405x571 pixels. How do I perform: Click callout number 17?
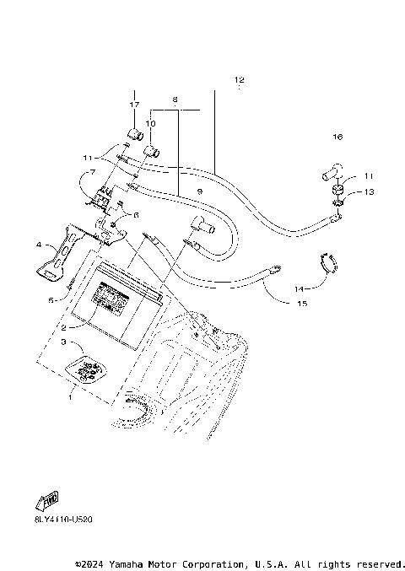coord(133,104)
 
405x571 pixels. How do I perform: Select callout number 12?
coord(239,80)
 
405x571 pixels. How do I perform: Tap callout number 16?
coord(337,136)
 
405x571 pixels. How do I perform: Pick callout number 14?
coord(299,288)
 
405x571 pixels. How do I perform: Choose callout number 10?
coord(151,124)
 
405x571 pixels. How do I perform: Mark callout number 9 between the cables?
coord(200,191)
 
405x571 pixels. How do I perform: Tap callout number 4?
coord(39,245)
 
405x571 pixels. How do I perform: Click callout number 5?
coord(50,299)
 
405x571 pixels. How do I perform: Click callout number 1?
coord(71,392)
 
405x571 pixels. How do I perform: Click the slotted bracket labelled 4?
coord(52,258)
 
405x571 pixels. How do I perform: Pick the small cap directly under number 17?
coord(133,133)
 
